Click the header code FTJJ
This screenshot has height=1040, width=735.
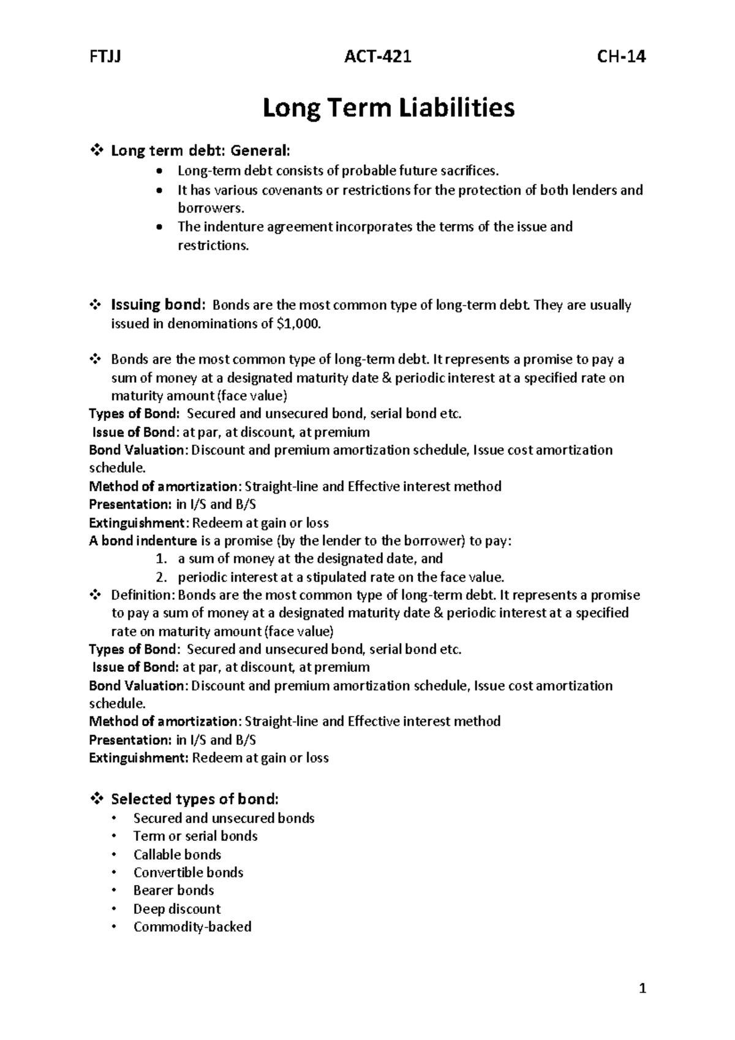105,57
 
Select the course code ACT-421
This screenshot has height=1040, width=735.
377,57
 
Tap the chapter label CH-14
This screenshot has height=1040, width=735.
621,57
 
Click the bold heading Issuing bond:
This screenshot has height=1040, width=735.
157,305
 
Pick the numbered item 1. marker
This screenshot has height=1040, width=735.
160,559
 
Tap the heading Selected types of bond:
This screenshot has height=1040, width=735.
195,799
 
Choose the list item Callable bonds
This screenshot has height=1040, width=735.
177,854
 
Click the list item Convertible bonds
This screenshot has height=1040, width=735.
188,872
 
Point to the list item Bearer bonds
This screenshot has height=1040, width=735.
173,890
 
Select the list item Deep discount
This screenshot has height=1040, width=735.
176,909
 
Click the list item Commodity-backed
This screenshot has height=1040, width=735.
192,927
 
